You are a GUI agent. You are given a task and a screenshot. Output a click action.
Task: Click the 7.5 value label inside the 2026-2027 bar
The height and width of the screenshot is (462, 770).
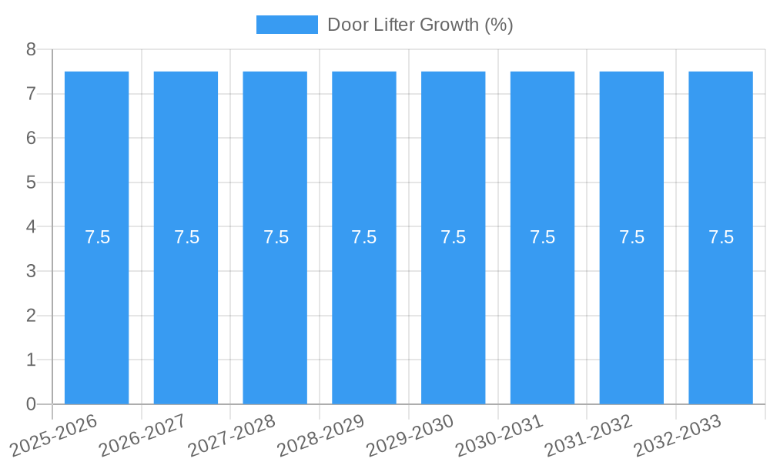coord(186,237)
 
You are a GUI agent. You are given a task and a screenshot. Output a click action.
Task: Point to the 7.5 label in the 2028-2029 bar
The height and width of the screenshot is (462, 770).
coord(364,237)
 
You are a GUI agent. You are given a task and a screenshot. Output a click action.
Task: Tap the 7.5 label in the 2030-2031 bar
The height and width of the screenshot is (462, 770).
coord(542,237)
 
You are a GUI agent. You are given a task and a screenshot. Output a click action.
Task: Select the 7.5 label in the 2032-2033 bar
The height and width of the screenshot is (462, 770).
coord(721,237)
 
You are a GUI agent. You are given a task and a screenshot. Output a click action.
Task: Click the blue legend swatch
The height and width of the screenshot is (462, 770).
coord(286,25)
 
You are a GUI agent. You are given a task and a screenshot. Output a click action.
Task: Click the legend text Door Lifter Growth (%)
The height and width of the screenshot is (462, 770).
coord(420,25)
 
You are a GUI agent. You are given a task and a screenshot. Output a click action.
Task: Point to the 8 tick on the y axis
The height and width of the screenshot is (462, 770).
coord(31,50)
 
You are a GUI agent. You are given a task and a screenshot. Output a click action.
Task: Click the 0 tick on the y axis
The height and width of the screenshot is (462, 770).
coord(31,404)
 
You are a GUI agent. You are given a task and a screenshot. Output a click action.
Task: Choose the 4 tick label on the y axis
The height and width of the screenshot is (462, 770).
coord(31,227)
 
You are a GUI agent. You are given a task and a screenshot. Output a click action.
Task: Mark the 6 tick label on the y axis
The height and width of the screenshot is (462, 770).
coord(31,139)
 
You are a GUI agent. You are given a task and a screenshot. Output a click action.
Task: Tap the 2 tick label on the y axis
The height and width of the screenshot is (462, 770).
coord(31,316)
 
